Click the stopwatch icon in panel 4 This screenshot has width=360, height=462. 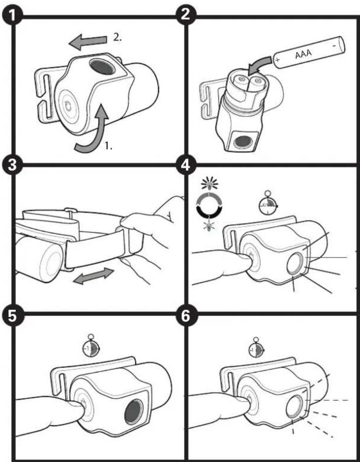click(268, 205)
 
